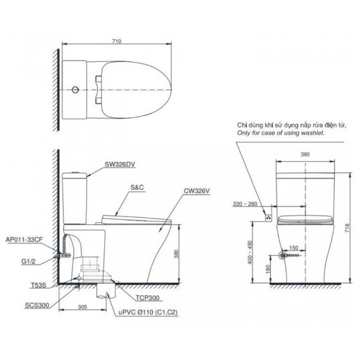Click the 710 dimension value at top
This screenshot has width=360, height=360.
(117, 41)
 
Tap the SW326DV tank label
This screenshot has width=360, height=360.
(120, 164)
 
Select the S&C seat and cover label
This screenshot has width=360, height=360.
(137, 188)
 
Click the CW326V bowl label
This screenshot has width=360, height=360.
(197, 191)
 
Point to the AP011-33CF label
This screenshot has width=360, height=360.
(24, 240)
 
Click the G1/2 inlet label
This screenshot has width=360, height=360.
(28, 261)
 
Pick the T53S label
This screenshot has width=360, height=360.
(38, 286)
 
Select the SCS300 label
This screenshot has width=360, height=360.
(37, 305)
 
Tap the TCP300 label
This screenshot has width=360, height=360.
(147, 298)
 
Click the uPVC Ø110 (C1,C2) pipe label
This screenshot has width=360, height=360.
(148, 313)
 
